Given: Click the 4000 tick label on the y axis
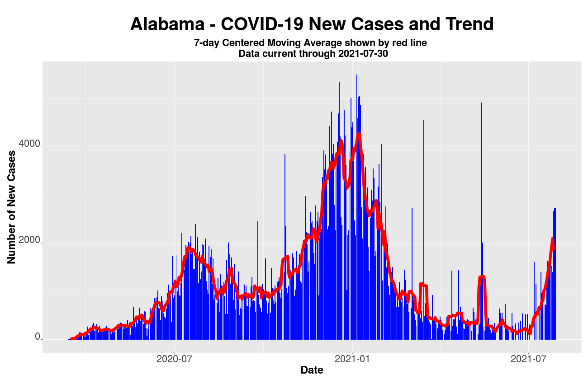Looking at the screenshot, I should click(29, 147).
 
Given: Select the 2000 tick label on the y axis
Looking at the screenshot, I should click(29, 243).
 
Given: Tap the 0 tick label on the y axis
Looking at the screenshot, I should click(38, 337).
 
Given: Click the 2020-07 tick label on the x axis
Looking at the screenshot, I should click(174, 360).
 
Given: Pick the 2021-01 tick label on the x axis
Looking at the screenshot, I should click(352, 360).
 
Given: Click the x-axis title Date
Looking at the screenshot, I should click(312, 370).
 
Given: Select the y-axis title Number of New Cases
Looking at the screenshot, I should click(12, 206).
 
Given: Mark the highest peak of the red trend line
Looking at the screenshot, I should click(359, 134).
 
